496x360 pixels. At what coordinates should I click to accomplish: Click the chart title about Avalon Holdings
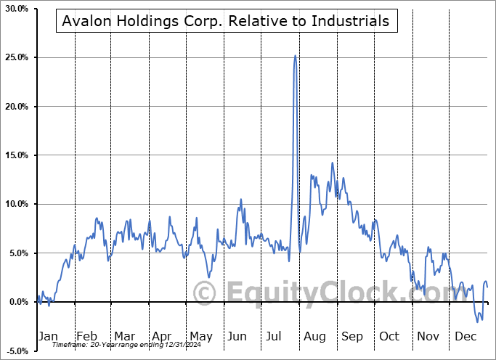(x=226, y=21)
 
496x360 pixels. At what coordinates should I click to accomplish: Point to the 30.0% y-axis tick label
(x=16, y=9)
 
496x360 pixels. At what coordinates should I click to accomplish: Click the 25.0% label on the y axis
(x=16, y=57)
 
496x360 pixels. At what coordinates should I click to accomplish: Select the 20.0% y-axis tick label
(x=16, y=107)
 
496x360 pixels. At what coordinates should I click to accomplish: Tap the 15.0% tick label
(x=16, y=155)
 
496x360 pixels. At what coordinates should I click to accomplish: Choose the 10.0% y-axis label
(x=16, y=205)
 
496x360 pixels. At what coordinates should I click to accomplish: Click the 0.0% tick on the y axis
(x=18, y=302)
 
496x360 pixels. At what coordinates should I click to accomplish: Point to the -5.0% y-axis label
(x=17, y=351)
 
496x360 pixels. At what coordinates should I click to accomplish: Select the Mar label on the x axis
(x=124, y=337)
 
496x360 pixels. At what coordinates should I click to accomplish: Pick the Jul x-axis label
(x=275, y=337)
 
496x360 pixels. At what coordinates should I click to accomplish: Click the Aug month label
(x=314, y=337)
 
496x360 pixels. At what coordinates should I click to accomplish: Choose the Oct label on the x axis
(x=389, y=337)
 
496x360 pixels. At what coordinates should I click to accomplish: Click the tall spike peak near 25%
(x=295, y=56)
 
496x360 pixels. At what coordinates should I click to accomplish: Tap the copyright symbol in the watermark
(x=206, y=293)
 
